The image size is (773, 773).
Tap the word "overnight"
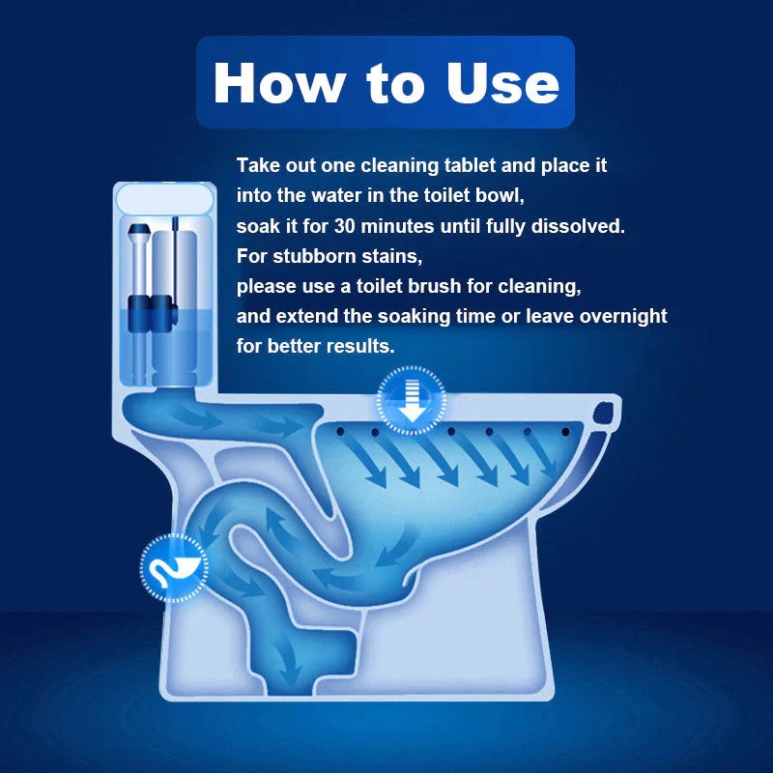click(624, 317)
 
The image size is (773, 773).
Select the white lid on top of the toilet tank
click(162, 200)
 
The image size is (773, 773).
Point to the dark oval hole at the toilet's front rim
click(606, 414)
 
